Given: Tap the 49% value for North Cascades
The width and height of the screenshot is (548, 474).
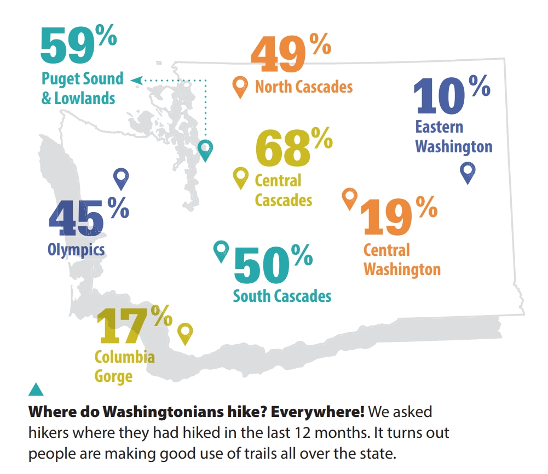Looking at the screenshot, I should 290,55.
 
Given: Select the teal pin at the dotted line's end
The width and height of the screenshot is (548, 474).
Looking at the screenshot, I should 205,149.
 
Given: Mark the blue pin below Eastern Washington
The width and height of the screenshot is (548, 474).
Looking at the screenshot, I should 468,172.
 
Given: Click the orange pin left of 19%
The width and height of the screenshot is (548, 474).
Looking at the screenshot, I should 349,198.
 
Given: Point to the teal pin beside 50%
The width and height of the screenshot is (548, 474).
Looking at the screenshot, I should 221,250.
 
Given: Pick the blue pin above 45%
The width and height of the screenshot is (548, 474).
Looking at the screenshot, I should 120,178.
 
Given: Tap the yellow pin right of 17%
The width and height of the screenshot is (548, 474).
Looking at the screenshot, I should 186,332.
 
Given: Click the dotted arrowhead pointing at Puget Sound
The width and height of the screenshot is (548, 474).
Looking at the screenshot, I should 136,81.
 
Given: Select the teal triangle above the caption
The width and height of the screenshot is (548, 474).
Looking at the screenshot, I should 36,389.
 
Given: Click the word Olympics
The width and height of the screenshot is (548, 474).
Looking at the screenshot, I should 76,250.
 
